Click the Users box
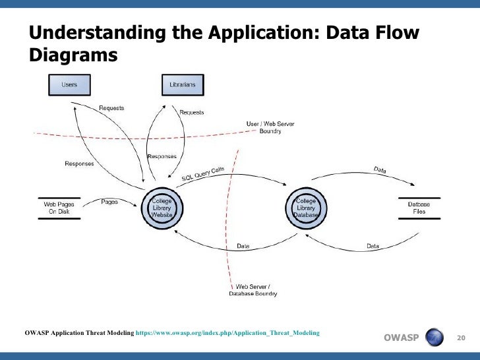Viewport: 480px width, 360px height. click(x=69, y=85)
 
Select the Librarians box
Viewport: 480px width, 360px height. click(x=183, y=85)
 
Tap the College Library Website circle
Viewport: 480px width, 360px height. click(x=162, y=208)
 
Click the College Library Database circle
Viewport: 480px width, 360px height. click(x=307, y=208)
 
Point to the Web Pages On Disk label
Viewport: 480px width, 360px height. click(x=59, y=208)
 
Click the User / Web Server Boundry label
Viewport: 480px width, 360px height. click(x=270, y=127)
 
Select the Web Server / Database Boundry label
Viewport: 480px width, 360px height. click(x=253, y=291)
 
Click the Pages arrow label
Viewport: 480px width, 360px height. click(x=109, y=202)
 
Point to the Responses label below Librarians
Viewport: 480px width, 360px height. click(x=162, y=156)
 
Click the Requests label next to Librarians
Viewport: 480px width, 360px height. click(x=192, y=112)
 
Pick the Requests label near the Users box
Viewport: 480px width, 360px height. click(x=111, y=107)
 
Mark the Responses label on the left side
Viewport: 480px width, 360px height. click(x=79, y=164)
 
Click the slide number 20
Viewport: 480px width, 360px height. click(x=461, y=338)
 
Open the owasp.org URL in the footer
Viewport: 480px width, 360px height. click(x=227, y=333)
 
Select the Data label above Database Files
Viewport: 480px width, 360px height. click(x=380, y=170)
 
